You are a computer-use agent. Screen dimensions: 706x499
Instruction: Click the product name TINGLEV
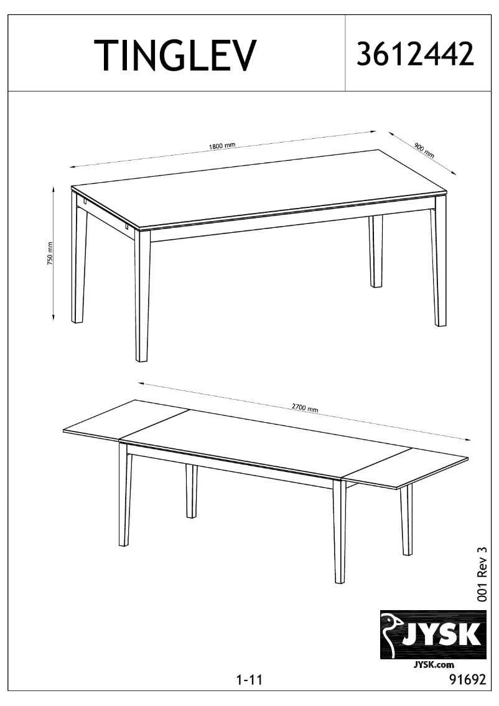pos(175,55)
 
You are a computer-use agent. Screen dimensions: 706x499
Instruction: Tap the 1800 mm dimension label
pos(222,146)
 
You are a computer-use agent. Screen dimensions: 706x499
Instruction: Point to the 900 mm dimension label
pos(424,149)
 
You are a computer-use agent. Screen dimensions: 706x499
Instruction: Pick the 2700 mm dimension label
pos(305,408)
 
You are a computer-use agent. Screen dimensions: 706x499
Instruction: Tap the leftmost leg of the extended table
pos(124,498)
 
